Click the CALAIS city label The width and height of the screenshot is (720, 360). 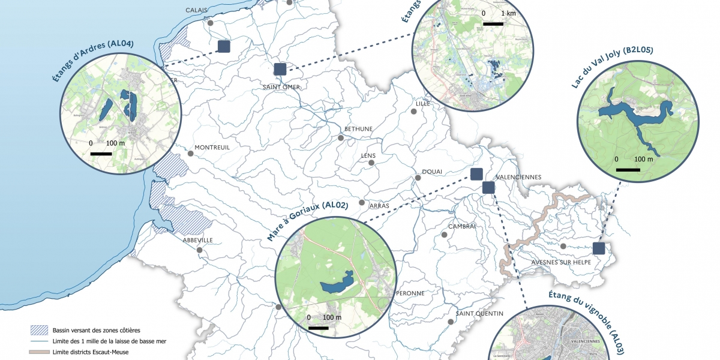pos(197,10)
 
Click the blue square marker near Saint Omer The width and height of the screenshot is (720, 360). pos(280,69)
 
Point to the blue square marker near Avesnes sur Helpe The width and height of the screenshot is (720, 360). pos(598,248)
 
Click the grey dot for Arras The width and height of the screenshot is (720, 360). pos(362,203)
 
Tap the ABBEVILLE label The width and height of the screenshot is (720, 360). pos(198,240)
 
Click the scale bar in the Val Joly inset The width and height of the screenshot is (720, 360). pos(628,170)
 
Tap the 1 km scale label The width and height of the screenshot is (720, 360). pos(507,13)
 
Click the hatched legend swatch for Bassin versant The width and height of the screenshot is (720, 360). pos(39,330)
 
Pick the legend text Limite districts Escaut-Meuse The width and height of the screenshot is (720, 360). pos(91,352)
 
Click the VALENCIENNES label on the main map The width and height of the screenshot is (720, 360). pos(518,177)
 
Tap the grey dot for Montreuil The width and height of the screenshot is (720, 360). pos(191,154)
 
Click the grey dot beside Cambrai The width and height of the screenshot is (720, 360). pos(444,235)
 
